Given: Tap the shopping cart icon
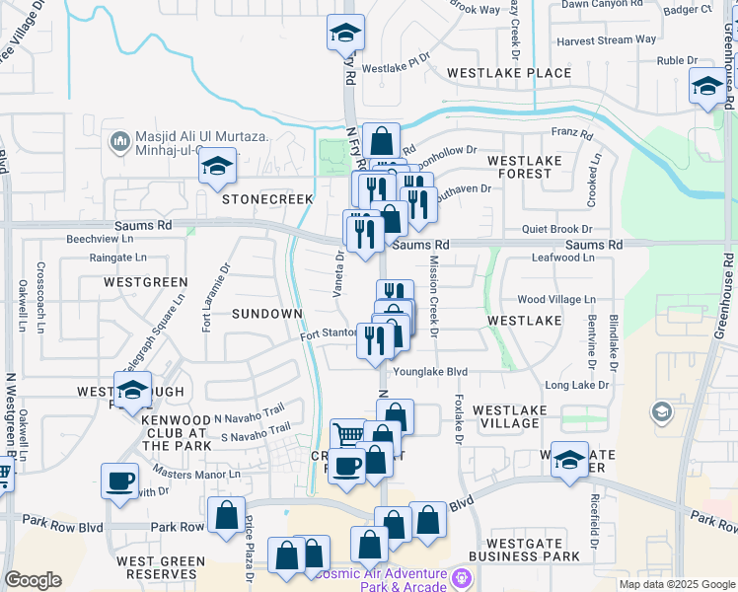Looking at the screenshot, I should [x=346, y=433].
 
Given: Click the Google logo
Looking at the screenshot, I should [x=33, y=580].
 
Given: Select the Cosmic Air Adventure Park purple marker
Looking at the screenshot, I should [x=460, y=576].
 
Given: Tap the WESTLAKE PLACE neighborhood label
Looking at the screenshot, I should [x=508, y=73].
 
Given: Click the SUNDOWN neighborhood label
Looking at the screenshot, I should [x=266, y=313].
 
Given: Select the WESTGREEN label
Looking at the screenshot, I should [x=145, y=282].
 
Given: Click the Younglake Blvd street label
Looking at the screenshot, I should [x=429, y=373].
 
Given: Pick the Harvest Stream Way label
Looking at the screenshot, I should [x=606, y=40].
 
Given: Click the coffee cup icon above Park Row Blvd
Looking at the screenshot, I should [x=119, y=481].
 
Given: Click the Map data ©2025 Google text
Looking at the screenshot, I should [x=676, y=584].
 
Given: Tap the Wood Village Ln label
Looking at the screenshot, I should [x=556, y=299].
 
